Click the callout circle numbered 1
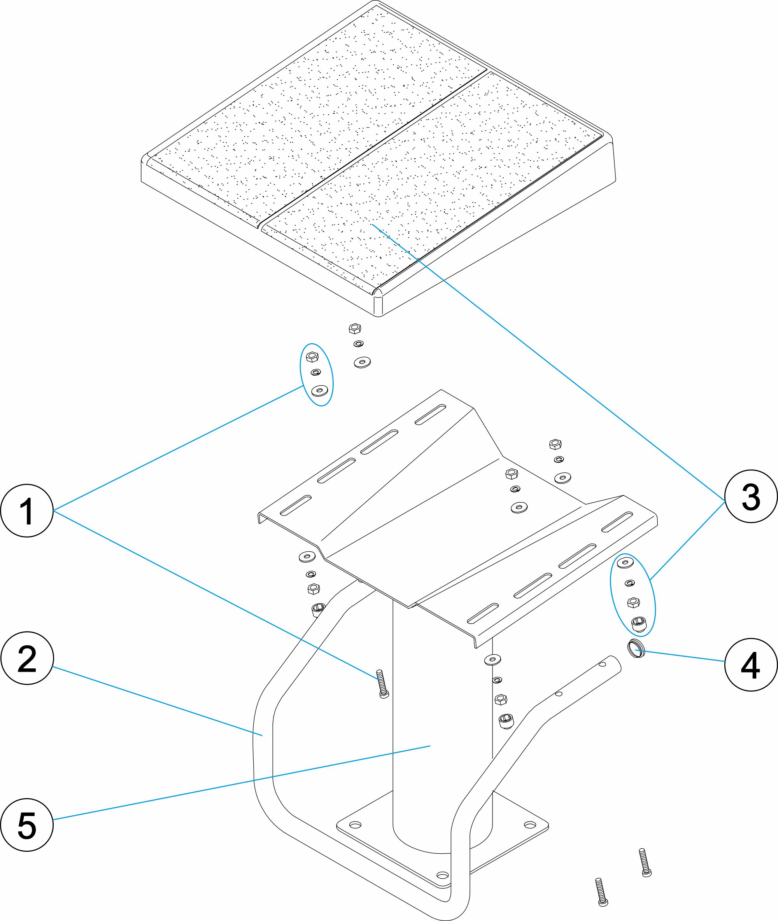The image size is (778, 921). (27, 511)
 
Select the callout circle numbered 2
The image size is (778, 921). (27, 658)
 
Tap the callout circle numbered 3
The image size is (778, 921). (751, 496)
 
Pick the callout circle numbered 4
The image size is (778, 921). (750, 664)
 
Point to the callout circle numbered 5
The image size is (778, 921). (27, 825)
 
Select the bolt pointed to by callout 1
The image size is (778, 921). (382, 683)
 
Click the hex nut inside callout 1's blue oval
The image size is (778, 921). (312, 357)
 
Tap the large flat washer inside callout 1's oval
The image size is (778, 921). (320, 390)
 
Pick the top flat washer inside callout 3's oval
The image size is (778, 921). (625, 562)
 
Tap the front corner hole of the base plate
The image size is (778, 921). (442, 875)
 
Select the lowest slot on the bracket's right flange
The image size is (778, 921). (482, 613)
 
